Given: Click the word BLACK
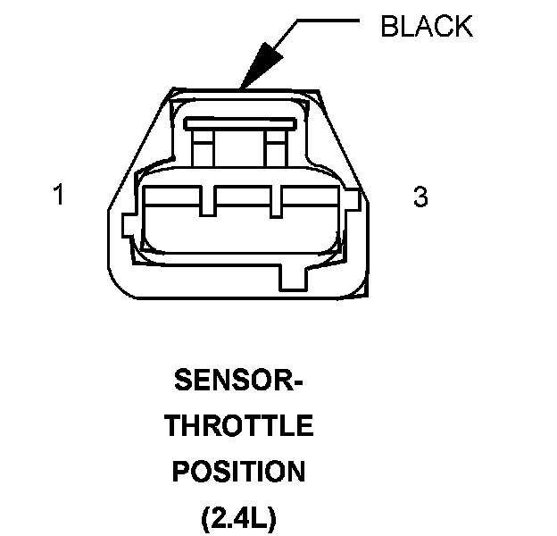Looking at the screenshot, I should point(427,26).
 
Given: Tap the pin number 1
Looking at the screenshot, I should point(59,195).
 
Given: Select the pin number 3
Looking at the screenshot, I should point(420,197).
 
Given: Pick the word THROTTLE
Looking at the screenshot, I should point(238,426).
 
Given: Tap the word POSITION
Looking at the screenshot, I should point(238,470).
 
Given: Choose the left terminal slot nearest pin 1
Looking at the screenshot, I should point(174,223).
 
